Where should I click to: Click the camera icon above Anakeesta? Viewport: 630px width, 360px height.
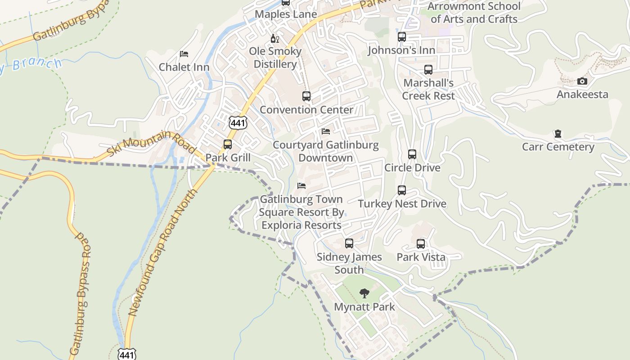tap(582, 81)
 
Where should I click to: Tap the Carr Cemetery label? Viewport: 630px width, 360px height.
tap(558, 147)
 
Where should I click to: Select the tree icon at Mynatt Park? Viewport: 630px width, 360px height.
tap(364, 293)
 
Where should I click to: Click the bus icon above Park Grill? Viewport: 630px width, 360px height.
tap(228, 144)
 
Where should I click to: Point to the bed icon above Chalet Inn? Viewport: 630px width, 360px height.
tap(184, 54)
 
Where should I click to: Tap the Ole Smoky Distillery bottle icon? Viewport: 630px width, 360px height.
tap(274, 39)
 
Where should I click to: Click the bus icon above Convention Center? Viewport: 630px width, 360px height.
tap(306, 96)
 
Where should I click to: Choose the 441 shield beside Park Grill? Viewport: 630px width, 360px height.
tap(238, 122)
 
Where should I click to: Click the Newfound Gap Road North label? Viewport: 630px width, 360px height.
tap(163, 252)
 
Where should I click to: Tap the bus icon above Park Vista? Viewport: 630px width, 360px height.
tap(421, 244)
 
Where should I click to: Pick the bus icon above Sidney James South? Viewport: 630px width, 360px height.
tap(349, 243)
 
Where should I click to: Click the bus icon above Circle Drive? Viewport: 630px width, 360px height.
tap(412, 154)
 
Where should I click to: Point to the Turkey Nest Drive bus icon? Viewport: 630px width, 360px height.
tap(402, 190)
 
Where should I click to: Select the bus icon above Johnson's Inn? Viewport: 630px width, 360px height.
tap(402, 37)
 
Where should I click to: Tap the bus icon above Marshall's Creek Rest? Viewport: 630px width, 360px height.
tap(428, 70)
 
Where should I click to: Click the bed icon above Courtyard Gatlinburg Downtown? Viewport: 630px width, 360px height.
tap(326, 131)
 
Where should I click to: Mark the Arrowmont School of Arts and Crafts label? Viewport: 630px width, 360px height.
tap(474, 13)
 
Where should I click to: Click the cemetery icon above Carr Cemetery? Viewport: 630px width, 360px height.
tap(558, 134)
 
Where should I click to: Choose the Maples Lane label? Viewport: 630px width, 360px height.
tap(286, 14)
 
